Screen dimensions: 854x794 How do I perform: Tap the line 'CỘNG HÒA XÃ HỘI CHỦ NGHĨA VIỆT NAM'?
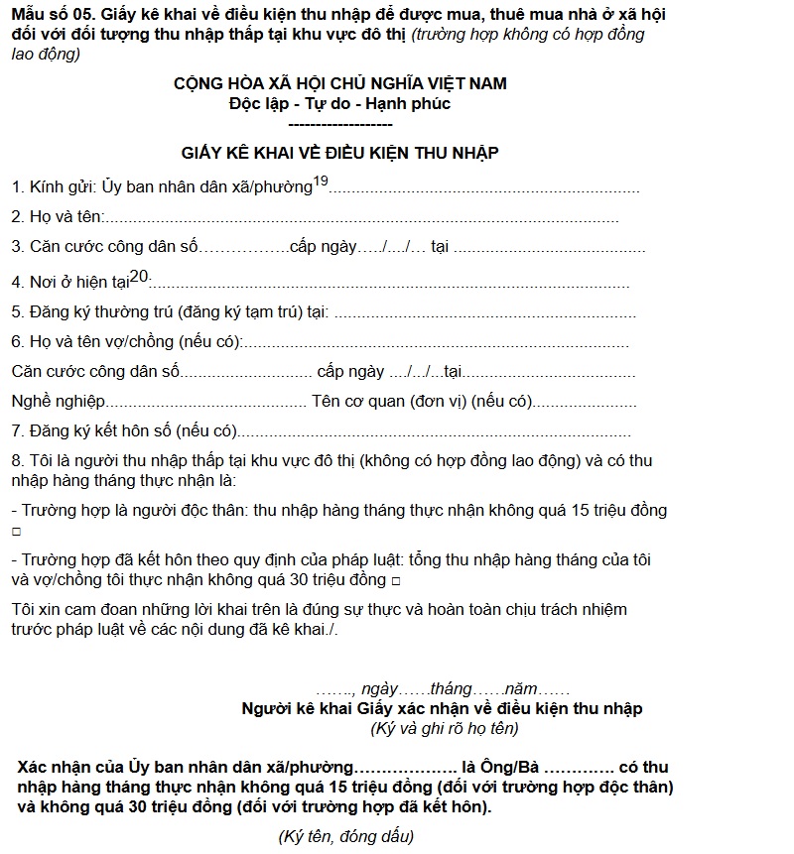click(339, 84)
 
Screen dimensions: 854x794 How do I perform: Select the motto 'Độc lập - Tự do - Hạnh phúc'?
click(339, 103)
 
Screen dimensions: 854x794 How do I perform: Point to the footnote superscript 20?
click(139, 276)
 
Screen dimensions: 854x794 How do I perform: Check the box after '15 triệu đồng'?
click(15, 532)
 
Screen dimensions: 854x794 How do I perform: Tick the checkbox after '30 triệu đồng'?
click(396, 580)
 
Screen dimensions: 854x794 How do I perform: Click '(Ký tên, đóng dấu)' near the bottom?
click(346, 835)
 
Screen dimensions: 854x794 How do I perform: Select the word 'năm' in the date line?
click(522, 688)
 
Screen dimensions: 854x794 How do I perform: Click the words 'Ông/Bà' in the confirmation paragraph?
click(509, 768)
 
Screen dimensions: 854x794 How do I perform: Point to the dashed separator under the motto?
click(339, 124)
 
